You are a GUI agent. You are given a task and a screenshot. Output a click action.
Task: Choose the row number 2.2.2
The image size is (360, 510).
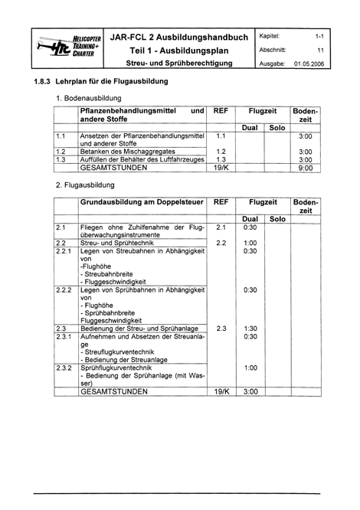click(x=64, y=290)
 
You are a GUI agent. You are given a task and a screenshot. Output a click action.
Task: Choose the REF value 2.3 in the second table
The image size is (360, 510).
click(x=221, y=329)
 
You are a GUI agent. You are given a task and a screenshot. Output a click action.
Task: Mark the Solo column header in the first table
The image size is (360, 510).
click(x=278, y=127)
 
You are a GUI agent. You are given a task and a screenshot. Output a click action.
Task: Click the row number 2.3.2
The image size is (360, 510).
click(x=64, y=368)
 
